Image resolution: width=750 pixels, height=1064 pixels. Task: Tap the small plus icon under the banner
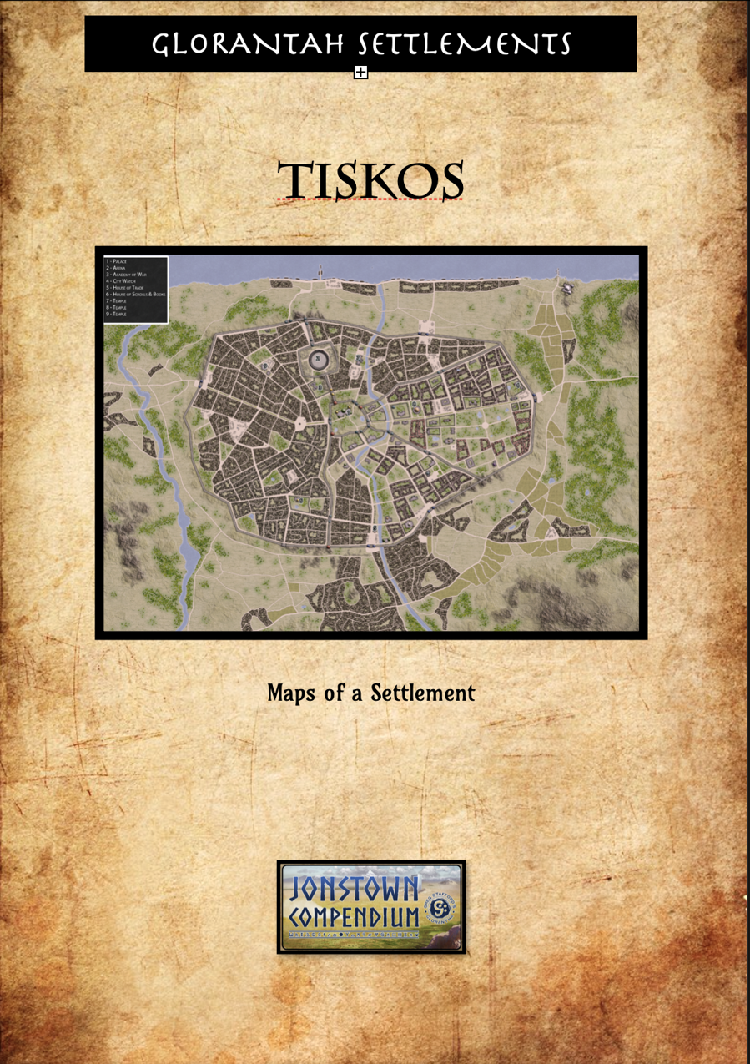(360, 73)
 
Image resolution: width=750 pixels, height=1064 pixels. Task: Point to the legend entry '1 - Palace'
(116, 262)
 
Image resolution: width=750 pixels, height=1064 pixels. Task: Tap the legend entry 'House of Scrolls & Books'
(136, 294)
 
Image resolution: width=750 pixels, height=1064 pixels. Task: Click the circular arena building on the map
(319, 360)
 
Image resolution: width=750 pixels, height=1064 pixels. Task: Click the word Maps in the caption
(289, 693)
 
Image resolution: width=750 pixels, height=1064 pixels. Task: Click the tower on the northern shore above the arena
(319, 273)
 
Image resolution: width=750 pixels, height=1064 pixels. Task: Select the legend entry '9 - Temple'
(116, 314)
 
